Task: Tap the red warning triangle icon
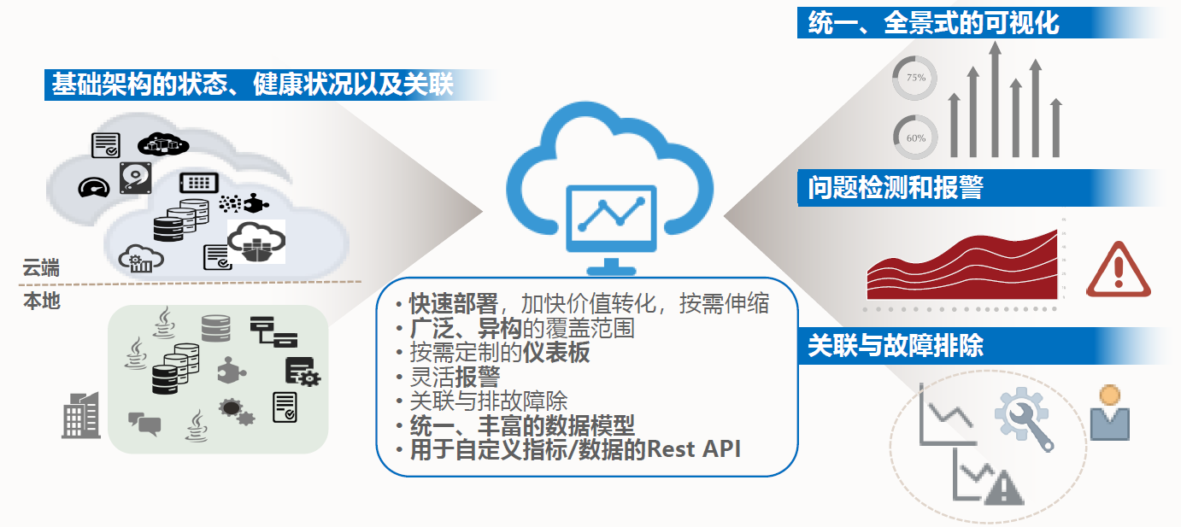point(1119,271)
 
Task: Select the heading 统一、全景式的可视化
point(933,23)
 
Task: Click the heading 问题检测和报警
point(896,187)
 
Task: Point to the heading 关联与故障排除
point(896,345)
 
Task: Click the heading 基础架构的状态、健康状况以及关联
point(253,85)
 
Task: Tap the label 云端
point(41,267)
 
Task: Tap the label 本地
point(42,301)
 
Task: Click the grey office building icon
point(80,415)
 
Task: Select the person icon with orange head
point(1109,413)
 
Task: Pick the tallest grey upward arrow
point(995,99)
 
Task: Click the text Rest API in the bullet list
point(693,449)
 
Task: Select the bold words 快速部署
point(454,303)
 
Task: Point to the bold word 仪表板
point(556,352)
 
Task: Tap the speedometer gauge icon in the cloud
point(93,188)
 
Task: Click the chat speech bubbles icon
point(144,424)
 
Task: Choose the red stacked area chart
point(962,266)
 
